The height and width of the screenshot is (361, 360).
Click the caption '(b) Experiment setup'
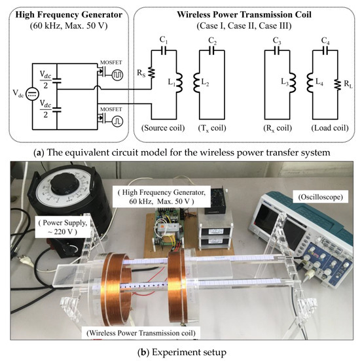(179, 352)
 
